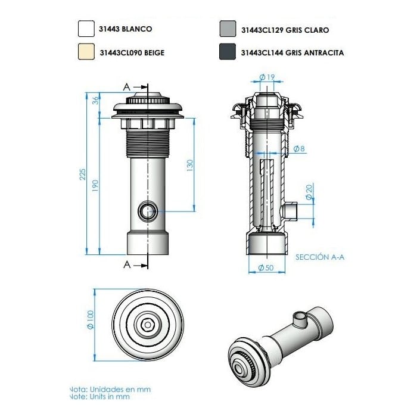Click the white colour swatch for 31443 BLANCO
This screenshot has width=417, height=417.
tap(86, 29)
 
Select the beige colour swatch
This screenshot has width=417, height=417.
tap(86, 52)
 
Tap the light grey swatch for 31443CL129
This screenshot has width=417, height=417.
tap(228, 29)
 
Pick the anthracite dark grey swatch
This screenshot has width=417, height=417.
tap(228, 52)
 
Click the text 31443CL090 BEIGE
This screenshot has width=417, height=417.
tap(132, 52)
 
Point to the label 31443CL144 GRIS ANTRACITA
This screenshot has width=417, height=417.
tap(292, 52)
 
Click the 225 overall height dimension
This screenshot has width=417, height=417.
tap(83, 174)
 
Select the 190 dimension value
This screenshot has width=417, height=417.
tap(95, 186)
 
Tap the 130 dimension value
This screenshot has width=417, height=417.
tap(190, 165)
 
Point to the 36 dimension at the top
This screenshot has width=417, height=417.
tap(95, 100)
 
